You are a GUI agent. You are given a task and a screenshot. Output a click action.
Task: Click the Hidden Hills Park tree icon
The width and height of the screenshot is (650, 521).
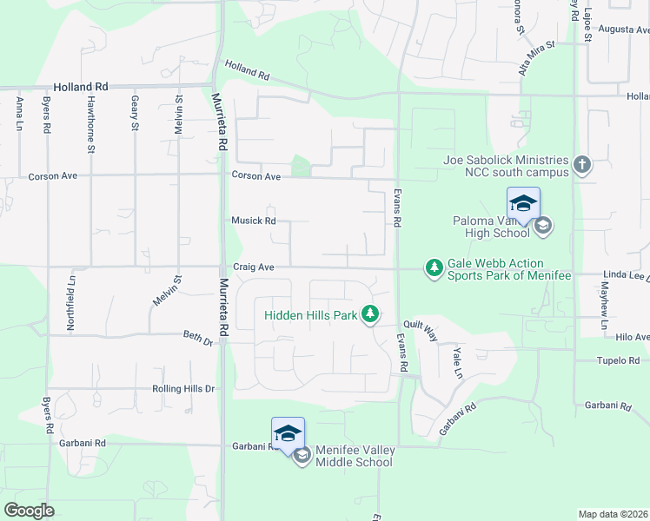[370, 314]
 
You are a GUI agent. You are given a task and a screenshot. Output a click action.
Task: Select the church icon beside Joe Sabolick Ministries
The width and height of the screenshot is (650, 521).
[581, 164]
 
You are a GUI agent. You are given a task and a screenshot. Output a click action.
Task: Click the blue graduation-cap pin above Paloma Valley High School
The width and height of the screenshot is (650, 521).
[523, 204]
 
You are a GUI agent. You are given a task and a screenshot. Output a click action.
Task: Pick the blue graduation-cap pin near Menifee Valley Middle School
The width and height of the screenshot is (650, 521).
[289, 434]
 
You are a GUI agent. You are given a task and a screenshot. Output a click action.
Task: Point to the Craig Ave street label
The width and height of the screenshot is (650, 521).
[253, 267]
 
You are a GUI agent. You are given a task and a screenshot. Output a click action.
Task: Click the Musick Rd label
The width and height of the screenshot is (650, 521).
[253, 221]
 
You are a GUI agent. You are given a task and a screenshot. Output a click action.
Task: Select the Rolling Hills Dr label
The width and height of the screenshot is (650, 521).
[182, 389]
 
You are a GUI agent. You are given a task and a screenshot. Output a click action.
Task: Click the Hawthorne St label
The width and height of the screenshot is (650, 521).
[90, 114]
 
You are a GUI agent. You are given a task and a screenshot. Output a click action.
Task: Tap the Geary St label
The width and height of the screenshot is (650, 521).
[135, 114]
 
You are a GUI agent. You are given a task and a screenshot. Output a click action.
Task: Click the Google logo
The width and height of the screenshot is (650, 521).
[29, 511]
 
